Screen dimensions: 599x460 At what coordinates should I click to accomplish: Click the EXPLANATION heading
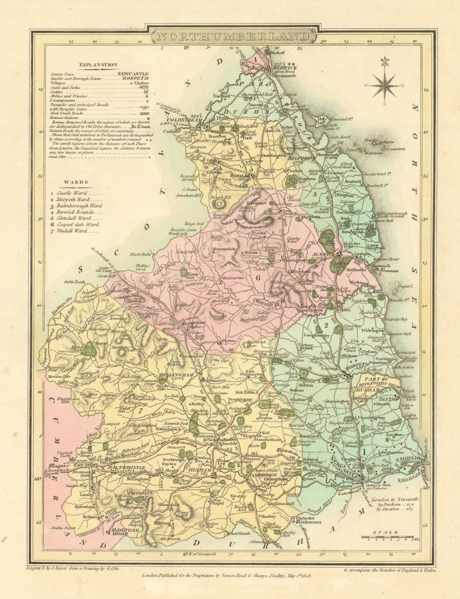98,65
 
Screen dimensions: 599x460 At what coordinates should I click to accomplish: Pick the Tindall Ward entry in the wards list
74,230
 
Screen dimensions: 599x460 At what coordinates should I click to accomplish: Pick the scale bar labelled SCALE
386,536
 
